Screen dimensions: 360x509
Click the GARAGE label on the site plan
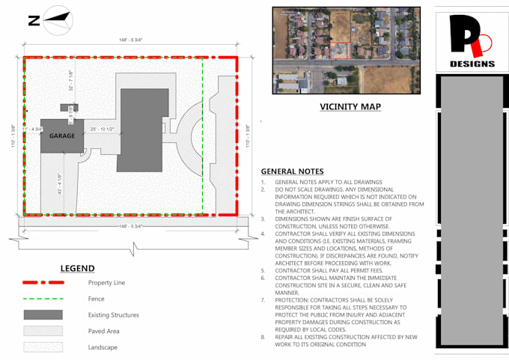tap(62, 136)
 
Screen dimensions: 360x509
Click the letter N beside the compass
tap(34, 21)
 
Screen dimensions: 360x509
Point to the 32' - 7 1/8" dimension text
tap(71, 80)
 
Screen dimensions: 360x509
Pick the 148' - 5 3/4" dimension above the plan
tap(130, 40)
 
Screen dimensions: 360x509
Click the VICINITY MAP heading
tap(350, 107)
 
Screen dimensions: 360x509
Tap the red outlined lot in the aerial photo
tap(341, 51)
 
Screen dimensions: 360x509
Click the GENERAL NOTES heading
tap(292, 171)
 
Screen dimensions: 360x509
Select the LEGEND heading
tap(77, 268)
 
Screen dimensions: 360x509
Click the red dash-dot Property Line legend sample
tap(43, 283)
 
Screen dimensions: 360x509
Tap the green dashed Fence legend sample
tap(43, 299)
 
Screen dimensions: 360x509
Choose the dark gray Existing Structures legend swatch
tap(43, 314)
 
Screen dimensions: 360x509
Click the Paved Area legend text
tap(103, 331)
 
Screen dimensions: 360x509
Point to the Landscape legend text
tap(103, 347)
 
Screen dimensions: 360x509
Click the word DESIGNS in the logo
tap(472, 64)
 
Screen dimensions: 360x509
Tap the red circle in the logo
tap(484, 45)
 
